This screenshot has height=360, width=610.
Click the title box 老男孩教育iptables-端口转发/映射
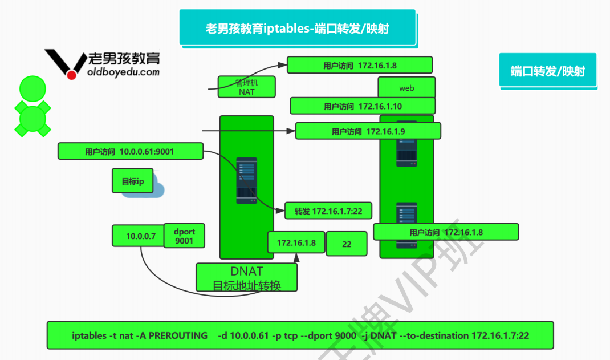click(297, 27)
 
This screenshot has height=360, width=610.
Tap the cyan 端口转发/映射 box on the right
click(547, 71)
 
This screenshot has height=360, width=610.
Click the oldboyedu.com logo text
click(124, 72)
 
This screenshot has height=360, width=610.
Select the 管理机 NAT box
click(247, 87)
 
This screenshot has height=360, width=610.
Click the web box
click(406, 88)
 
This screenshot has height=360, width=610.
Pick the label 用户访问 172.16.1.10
click(363, 106)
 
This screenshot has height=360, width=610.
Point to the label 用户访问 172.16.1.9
click(368, 131)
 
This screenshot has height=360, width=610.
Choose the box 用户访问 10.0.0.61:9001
click(130, 151)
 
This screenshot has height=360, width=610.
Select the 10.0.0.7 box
click(137, 236)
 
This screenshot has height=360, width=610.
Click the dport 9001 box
click(184, 236)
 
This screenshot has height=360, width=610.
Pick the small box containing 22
click(347, 244)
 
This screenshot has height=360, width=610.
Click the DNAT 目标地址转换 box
click(246, 277)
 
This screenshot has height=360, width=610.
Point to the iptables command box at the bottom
click(300, 335)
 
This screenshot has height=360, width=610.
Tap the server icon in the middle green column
click(247, 181)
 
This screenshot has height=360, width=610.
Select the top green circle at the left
click(32, 89)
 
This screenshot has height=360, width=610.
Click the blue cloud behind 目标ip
click(155, 189)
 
